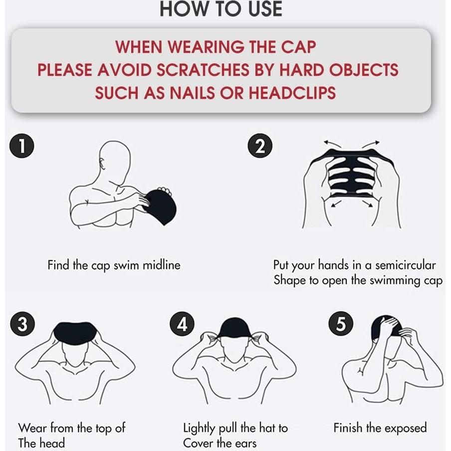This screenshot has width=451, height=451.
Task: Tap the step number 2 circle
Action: click(x=260, y=146)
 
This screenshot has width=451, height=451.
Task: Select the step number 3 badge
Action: click(x=22, y=324)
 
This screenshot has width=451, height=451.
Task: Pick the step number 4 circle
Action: click(x=182, y=324)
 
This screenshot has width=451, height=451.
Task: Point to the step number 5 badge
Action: click(x=341, y=324)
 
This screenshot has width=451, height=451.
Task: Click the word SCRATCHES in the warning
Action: click(x=203, y=70)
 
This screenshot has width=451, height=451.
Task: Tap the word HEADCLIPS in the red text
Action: click(x=292, y=93)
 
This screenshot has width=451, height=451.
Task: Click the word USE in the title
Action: click(x=265, y=8)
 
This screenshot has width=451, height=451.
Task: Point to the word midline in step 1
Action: click(x=162, y=265)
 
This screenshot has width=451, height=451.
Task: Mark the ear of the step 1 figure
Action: click(x=102, y=163)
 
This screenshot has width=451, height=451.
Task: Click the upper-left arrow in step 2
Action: click(x=332, y=144)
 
